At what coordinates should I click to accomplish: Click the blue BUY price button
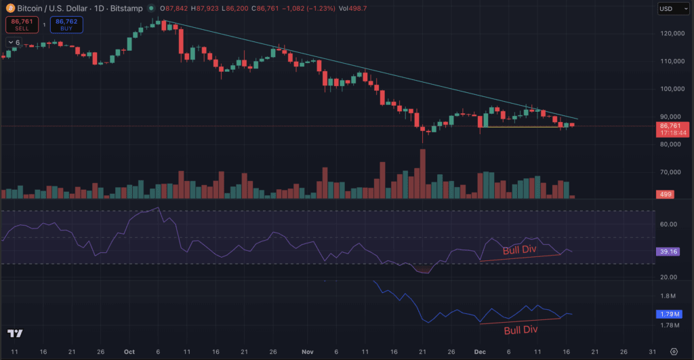pos(66,25)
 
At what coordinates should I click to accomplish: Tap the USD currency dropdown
pos(670,9)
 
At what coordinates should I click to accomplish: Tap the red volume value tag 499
pos(667,195)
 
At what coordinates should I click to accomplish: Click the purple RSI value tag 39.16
pos(668,252)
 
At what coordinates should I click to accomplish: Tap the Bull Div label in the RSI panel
pos(520,249)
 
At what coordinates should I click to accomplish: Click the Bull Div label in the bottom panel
pos(520,330)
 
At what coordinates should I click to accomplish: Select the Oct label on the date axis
pos(129,352)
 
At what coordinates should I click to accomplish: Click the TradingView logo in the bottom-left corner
pos(15,334)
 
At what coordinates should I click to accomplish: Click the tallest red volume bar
pos(423,173)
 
